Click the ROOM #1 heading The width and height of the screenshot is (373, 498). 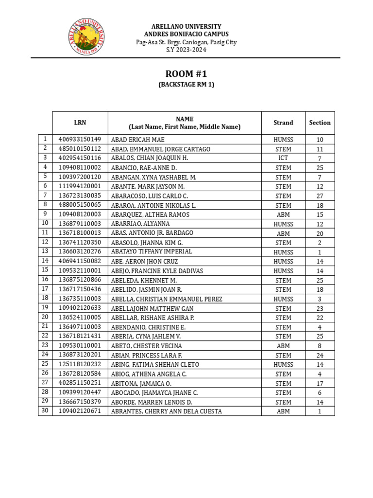186,74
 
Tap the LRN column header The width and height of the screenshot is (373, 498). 80,123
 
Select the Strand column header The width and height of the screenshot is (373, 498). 283,123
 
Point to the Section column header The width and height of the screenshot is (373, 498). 320,123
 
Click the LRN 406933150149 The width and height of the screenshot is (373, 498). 80,140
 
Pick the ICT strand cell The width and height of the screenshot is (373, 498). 283,158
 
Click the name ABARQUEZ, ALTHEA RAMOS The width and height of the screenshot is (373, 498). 150,214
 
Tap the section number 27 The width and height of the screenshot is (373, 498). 320,196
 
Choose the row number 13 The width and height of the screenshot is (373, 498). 45,251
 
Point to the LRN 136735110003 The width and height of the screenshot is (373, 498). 80,299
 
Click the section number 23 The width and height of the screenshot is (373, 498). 320,308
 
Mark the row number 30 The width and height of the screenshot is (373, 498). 45,411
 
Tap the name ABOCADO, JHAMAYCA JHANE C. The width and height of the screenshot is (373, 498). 154,392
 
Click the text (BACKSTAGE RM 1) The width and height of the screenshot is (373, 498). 186,85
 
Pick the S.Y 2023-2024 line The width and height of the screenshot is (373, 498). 186,50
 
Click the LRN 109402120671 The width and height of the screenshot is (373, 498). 80,411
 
